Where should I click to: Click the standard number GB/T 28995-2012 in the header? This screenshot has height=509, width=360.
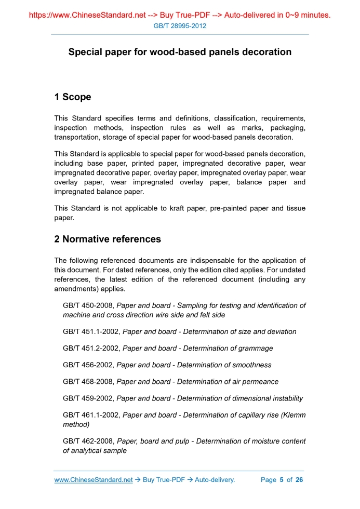pos(180,25)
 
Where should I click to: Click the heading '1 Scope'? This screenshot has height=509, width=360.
pos(72,97)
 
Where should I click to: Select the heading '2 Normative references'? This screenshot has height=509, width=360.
pos(108,239)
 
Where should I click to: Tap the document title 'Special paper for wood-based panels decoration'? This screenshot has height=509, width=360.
pos(180,52)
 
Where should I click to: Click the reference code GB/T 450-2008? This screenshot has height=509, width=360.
pos(88,306)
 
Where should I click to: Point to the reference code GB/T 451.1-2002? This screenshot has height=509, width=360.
pos(91,331)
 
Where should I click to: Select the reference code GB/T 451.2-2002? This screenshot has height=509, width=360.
pos(91,348)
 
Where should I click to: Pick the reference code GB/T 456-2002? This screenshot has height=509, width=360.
pos(88,365)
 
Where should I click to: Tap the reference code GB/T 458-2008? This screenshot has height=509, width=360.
pos(88,382)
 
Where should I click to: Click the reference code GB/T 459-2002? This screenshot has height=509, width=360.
pos(88,398)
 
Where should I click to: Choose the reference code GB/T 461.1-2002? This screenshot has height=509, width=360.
pos(91,416)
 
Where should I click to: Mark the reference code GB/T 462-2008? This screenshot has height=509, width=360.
pos(88,441)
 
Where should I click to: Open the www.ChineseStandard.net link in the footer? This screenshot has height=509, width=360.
pos(94,480)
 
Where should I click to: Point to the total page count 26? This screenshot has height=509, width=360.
pos(299,480)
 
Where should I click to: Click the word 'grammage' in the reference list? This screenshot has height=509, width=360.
pos(253,348)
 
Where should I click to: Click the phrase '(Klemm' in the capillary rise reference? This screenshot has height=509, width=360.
pos(291,416)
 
